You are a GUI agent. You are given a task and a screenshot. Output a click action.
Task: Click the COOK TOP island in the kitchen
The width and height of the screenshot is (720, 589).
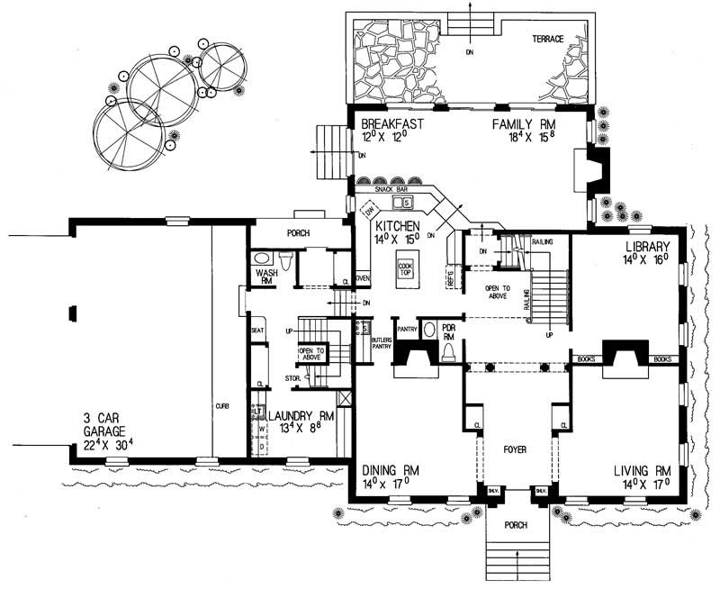point(406,270)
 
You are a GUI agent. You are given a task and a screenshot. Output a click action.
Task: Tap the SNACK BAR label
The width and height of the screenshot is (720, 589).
point(392,190)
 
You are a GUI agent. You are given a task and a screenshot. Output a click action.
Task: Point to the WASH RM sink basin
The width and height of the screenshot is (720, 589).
point(263,258)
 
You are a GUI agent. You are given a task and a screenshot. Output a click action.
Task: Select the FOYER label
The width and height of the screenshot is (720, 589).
point(515,449)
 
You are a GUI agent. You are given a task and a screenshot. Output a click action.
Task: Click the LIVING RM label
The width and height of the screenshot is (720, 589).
point(643,470)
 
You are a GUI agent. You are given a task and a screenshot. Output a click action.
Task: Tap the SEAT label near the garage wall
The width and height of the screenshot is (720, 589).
point(256,331)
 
